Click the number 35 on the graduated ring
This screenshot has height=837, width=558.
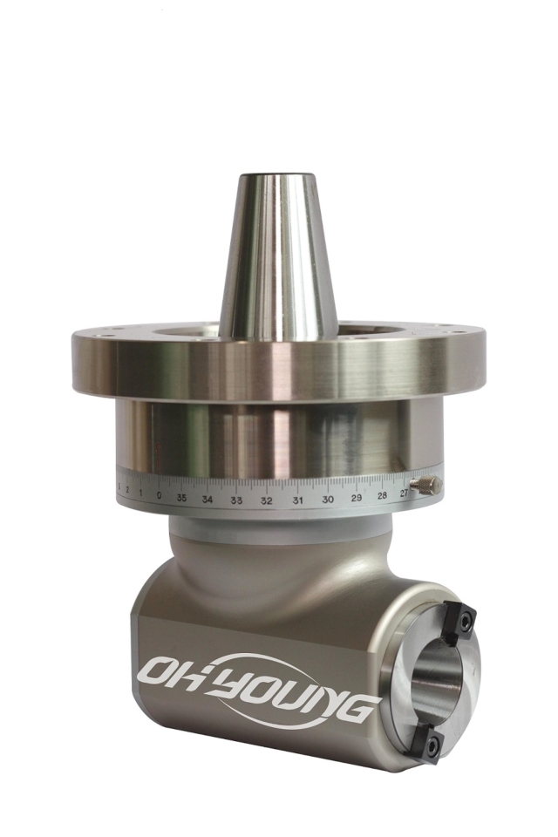(x=181, y=498)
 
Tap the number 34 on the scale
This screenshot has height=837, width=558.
(x=208, y=500)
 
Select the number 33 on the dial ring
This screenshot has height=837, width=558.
(x=236, y=501)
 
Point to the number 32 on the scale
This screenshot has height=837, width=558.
(x=267, y=501)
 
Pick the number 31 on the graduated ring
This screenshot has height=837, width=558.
(x=297, y=500)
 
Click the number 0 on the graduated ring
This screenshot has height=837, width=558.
(x=159, y=495)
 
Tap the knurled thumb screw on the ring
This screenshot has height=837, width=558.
(x=426, y=486)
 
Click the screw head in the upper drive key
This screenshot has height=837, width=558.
(x=465, y=623)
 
